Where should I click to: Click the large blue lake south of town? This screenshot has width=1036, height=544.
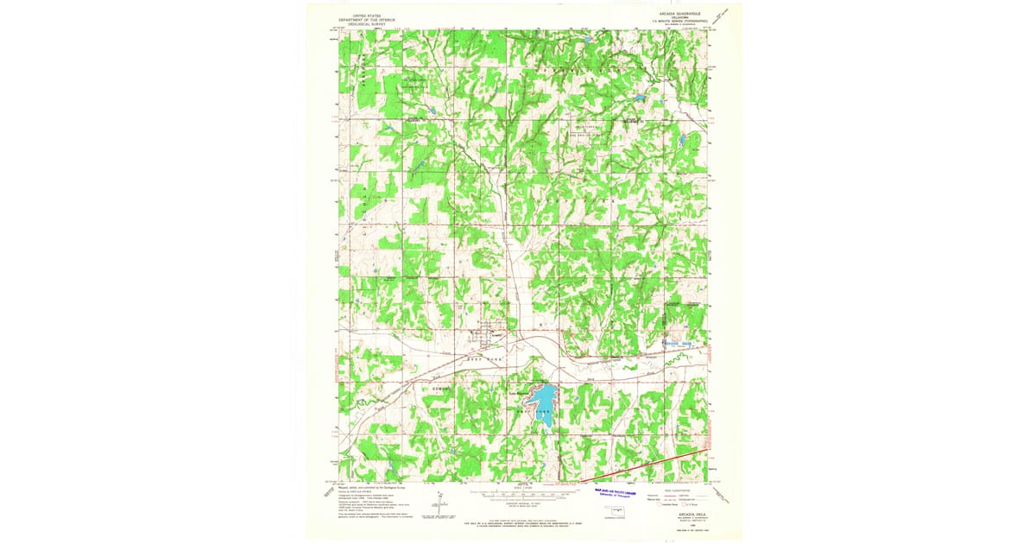[544, 399]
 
